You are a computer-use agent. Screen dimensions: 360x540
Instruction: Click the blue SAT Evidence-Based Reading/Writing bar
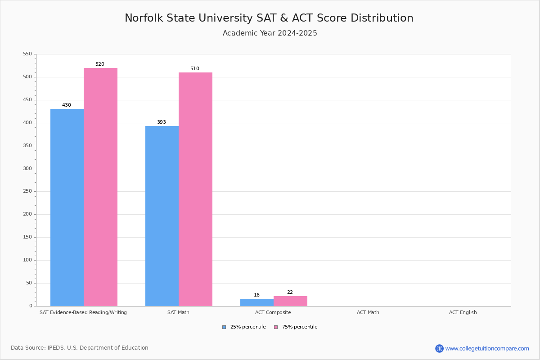67,207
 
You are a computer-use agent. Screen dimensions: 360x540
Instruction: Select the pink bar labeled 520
100,187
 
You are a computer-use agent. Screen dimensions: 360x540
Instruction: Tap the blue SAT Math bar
162,216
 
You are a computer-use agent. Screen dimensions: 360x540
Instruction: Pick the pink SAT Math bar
195,189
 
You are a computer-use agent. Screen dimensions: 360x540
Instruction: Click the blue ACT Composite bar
257,302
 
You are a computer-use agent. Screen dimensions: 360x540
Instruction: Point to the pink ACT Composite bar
290,301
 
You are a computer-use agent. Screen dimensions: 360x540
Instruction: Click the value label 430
67,105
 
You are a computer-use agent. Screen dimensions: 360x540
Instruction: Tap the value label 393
162,122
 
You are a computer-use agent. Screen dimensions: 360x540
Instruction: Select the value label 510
194,69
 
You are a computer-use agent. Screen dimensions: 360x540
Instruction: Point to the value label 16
256,295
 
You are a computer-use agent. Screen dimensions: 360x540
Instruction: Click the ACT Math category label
368,312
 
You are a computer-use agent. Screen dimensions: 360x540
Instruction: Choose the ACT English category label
463,312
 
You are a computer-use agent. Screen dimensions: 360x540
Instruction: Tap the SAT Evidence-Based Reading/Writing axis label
83,312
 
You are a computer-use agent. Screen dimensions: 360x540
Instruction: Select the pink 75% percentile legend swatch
276,327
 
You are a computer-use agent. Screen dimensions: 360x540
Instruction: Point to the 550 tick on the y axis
27,54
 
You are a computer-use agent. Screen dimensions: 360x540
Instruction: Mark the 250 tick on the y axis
27,191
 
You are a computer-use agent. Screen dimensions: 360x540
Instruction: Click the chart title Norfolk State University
269,18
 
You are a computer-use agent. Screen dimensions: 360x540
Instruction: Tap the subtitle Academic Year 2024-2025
270,33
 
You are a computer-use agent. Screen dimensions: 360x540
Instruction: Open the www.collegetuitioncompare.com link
487,348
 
